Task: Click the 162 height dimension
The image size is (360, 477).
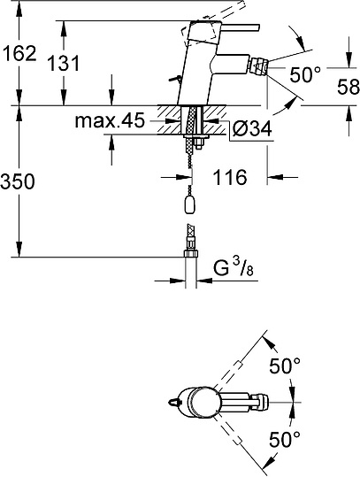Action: [x=19, y=53]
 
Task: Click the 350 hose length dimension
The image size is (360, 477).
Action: [x=19, y=182]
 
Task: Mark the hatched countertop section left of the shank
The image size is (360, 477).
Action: [x=169, y=117]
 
